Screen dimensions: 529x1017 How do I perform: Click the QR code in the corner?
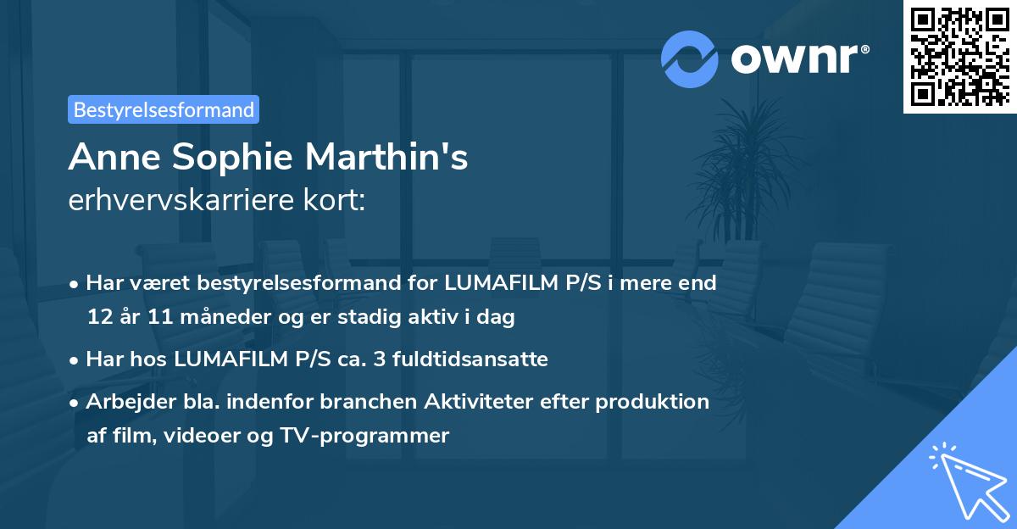(960, 56)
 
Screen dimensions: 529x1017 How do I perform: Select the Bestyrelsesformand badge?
(164, 109)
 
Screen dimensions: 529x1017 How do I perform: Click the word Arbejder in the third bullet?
(125, 401)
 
